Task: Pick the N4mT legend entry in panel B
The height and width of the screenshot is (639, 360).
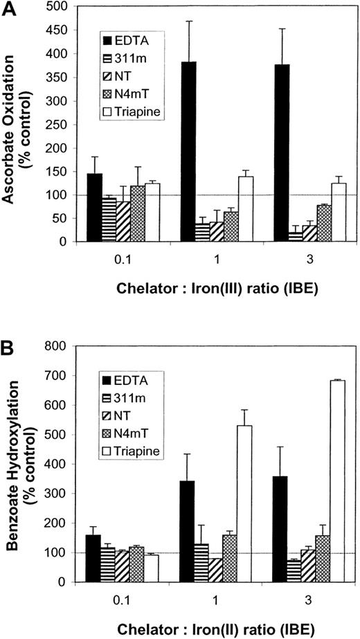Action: pyautogui.click(x=130, y=433)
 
